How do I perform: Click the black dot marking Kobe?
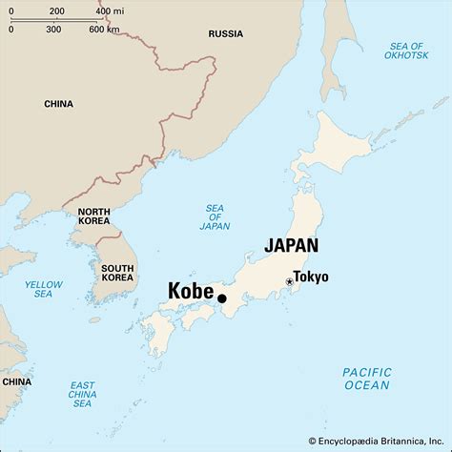pyautogui.click(x=222, y=298)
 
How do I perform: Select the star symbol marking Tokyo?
pyautogui.click(x=289, y=281)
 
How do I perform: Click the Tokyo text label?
pyautogui.click(x=311, y=277)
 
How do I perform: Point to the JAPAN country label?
pyautogui.click(x=291, y=245)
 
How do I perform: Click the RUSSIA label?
pyautogui.click(x=226, y=33)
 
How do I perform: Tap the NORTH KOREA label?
pyautogui.click(x=93, y=217)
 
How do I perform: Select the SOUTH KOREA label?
pyautogui.click(x=117, y=274)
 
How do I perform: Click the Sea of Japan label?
pyautogui.click(x=215, y=218)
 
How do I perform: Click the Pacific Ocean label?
pyautogui.click(x=366, y=379)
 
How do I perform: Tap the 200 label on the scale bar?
pyautogui.click(x=56, y=11)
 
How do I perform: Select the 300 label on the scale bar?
pyautogui.click(x=53, y=30)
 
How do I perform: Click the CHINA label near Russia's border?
pyautogui.click(x=58, y=103)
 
